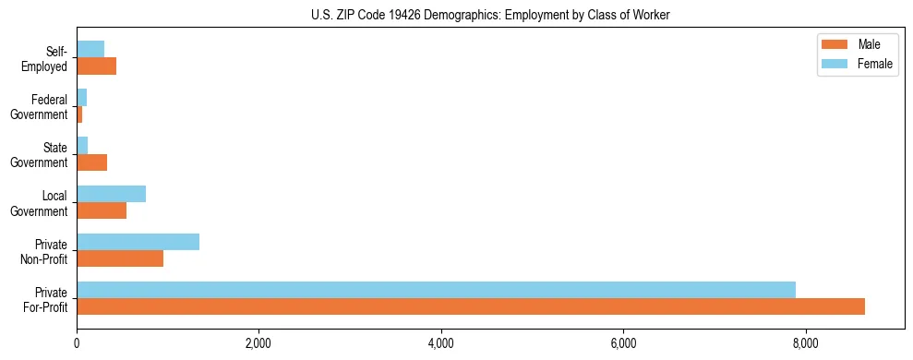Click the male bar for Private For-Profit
click(x=471, y=306)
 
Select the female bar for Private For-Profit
click(x=436, y=290)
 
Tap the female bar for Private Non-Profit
click(x=138, y=242)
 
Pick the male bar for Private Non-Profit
click(x=120, y=258)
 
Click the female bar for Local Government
click(x=111, y=194)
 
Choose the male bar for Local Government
click(x=102, y=210)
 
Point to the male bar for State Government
click(x=91, y=162)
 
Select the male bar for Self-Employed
click(x=96, y=66)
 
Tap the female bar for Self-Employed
click(x=90, y=49)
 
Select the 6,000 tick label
click(x=624, y=344)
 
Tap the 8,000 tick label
click(x=806, y=344)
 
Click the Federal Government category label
click(x=41, y=107)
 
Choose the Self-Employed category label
click(x=46, y=59)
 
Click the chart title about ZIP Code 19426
click(x=490, y=15)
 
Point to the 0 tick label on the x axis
click(x=77, y=344)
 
